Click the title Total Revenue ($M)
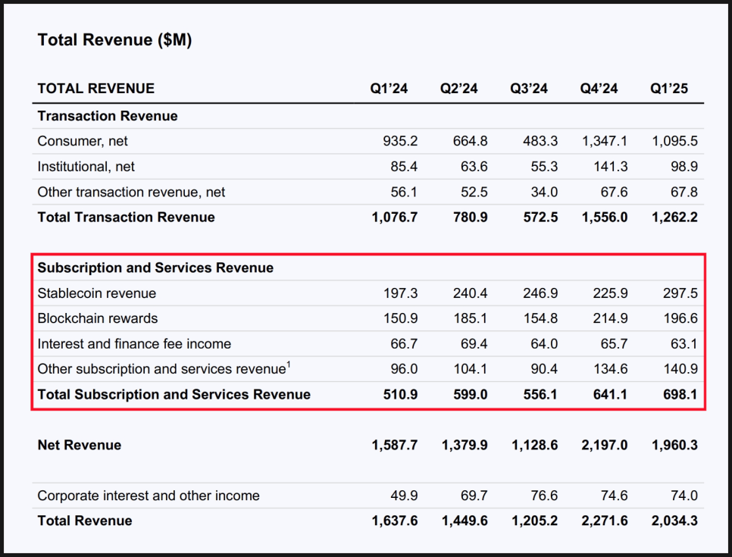114,40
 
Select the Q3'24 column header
529,88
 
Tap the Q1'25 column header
669,88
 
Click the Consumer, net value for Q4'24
605,141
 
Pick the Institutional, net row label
86,167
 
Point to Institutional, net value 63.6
474,167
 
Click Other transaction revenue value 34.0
544,192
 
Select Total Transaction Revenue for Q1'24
395,217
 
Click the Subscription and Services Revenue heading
155,268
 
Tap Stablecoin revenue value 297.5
680,293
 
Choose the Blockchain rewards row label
98,318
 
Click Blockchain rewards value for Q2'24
470,318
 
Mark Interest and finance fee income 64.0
544,344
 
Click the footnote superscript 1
289,365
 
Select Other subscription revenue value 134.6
610,369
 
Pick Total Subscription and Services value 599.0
470,395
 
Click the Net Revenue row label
80,445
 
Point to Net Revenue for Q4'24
605,445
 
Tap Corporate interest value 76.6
544,496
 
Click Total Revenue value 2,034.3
674,521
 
